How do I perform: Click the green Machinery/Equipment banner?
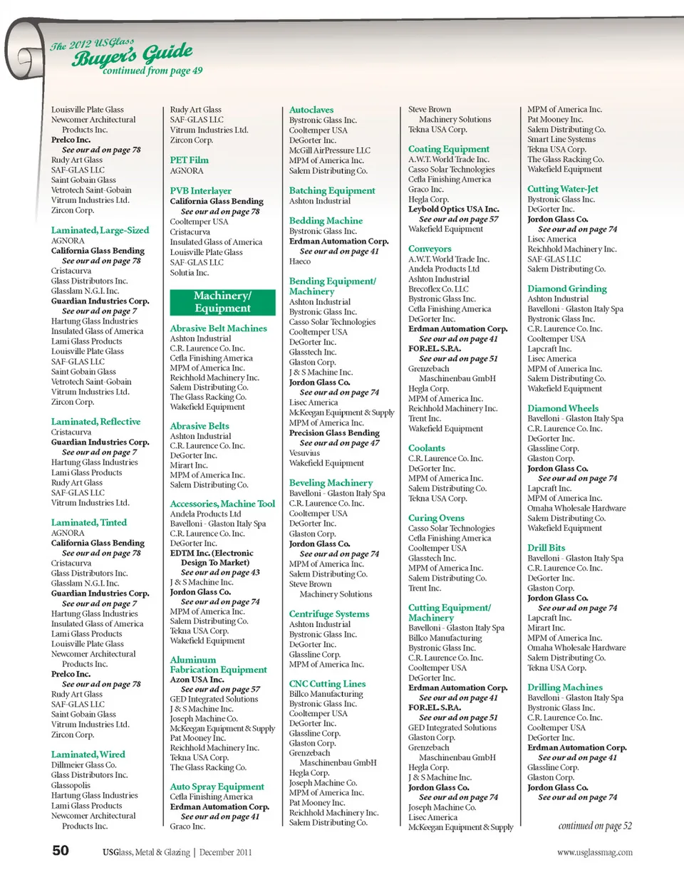click(x=222, y=302)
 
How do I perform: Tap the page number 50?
click(x=61, y=850)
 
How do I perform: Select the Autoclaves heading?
click(x=311, y=110)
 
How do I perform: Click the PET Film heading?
click(x=190, y=160)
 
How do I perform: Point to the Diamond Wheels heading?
click(x=563, y=408)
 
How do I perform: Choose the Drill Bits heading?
click(x=546, y=548)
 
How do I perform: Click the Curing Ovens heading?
click(x=436, y=518)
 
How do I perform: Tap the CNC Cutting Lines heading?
click(x=327, y=683)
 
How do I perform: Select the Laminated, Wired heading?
click(x=88, y=754)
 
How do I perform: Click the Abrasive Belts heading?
click(x=199, y=425)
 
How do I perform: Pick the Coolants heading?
click(x=427, y=448)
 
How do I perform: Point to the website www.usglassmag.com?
click(x=594, y=852)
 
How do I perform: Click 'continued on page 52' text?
click(x=595, y=826)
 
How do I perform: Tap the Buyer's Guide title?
click(x=132, y=55)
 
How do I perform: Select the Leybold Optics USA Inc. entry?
click(x=454, y=209)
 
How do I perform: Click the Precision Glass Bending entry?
click(x=334, y=432)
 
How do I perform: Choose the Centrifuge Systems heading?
click(x=329, y=613)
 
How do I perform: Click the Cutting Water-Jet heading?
click(x=563, y=189)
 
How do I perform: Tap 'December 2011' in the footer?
click(x=226, y=852)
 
